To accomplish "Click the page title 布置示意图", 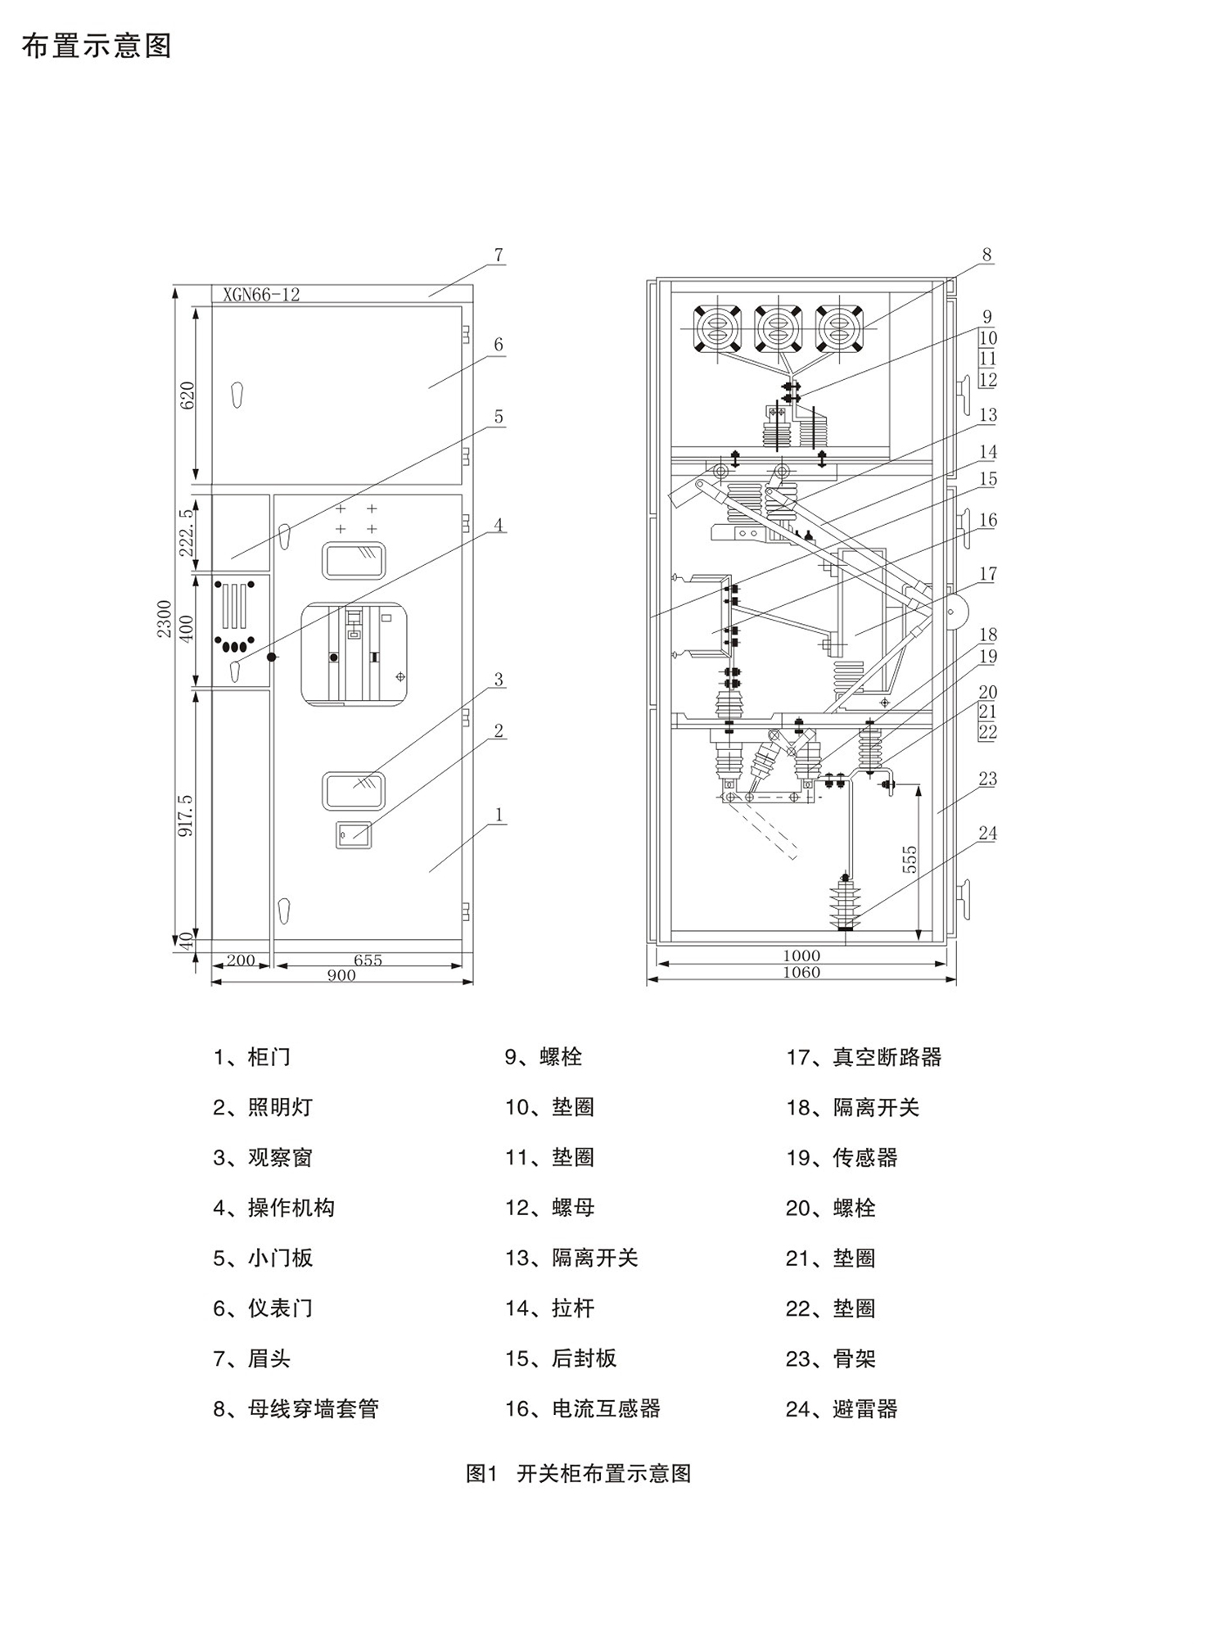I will click(x=97, y=47).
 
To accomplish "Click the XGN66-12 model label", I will click(x=261, y=295).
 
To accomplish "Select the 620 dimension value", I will click(x=187, y=395).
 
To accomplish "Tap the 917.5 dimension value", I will click(x=186, y=814).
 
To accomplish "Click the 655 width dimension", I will click(x=368, y=960).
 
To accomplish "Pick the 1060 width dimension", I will click(x=801, y=973).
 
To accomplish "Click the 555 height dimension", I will click(x=910, y=859).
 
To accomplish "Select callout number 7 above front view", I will click(x=499, y=255).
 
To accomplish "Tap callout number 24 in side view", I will click(x=987, y=834).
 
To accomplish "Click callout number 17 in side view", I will click(x=987, y=574).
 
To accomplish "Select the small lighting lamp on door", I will click(x=354, y=834).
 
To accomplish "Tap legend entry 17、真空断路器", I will click(x=864, y=1057).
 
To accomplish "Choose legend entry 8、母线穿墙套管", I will click(x=296, y=1409).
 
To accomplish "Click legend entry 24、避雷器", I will click(x=842, y=1409).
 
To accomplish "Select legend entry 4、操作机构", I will click(x=273, y=1208).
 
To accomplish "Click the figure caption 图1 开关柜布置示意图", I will click(x=579, y=1474).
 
